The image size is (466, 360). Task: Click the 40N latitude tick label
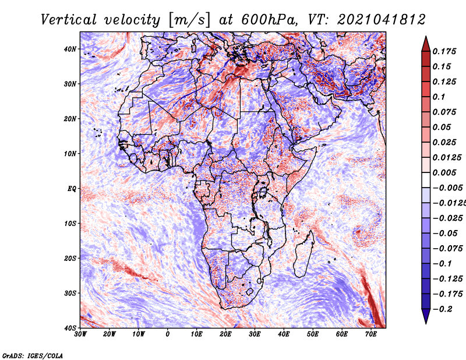[69, 49]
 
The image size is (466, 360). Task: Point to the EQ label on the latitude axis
[72, 189]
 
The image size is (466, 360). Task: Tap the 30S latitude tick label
[70, 294]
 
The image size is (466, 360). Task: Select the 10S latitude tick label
[70, 224]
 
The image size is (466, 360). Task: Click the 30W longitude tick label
[80, 334]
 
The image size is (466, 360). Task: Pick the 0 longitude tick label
[167, 334]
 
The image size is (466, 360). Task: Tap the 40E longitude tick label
[284, 334]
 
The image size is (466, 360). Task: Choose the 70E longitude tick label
[370, 334]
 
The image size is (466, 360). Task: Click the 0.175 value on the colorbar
[444, 52]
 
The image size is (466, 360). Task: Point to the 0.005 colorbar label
[444, 173]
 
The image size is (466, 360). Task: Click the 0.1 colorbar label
[439, 97]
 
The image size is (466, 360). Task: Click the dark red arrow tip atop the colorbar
[426, 37]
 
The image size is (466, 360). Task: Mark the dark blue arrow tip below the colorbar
[426, 323]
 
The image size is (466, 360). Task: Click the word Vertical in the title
[69, 20]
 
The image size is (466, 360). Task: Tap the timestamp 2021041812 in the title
[382, 20]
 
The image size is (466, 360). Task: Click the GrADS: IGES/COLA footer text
[33, 356]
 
